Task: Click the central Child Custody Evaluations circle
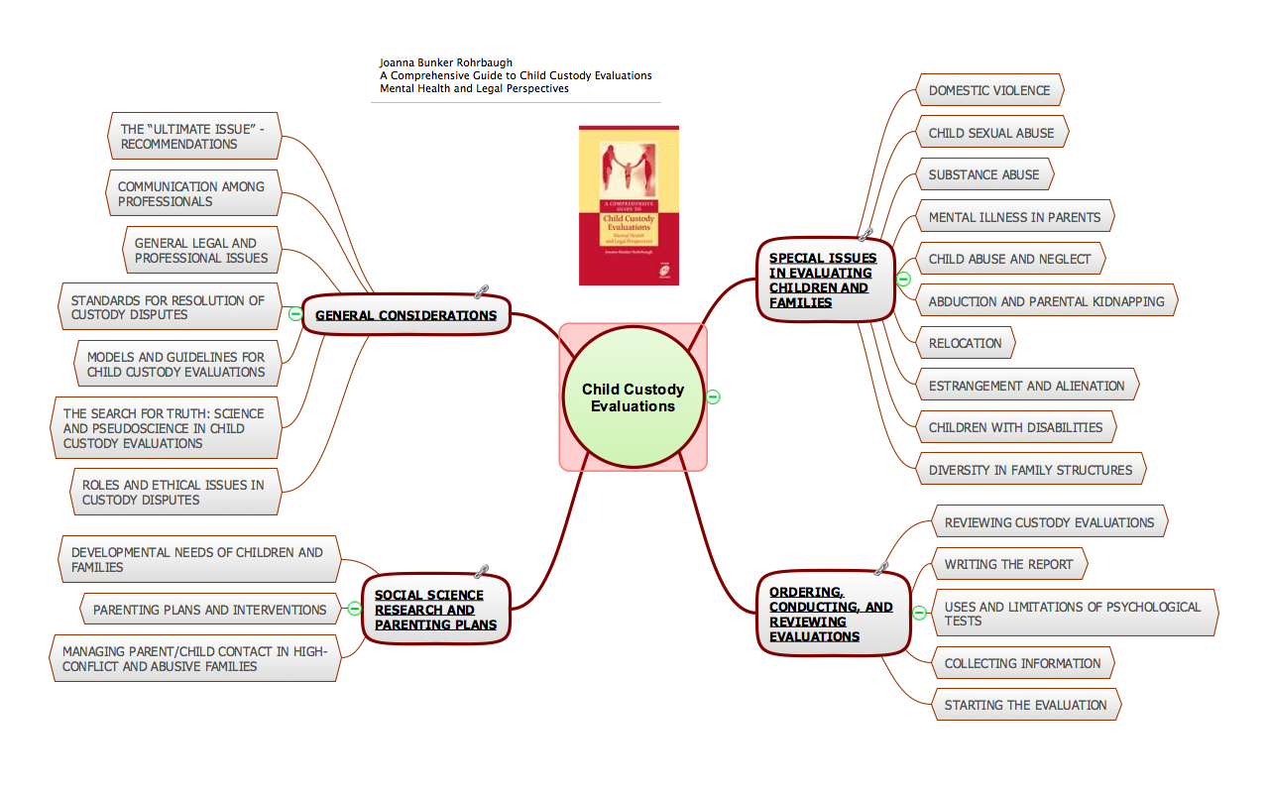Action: [x=633, y=397]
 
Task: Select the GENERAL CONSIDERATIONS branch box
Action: [x=405, y=315]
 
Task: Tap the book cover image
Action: [x=629, y=205]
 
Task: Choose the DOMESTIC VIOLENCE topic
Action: [x=988, y=90]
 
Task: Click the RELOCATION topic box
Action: [x=965, y=343]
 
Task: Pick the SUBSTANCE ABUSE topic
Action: [x=983, y=174]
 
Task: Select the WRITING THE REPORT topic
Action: [x=1008, y=564]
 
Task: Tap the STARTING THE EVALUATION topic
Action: [x=1025, y=705]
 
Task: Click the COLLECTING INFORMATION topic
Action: [x=1022, y=663]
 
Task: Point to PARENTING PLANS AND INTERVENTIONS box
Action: [x=209, y=610]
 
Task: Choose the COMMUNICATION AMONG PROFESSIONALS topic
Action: [x=190, y=193]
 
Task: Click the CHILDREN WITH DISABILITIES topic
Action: [x=1015, y=427]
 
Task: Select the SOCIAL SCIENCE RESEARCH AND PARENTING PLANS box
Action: [x=435, y=610]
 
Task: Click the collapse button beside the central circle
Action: [x=713, y=396]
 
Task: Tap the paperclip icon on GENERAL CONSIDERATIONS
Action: [x=483, y=291]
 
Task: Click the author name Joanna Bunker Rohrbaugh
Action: [x=446, y=62]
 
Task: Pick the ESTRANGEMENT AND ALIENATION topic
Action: [x=1026, y=386]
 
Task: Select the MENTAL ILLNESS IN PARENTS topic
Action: [x=1014, y=217]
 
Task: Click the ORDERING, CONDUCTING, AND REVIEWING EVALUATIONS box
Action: [x=832, y=614]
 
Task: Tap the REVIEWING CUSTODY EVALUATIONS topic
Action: [x=1049, y=522]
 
